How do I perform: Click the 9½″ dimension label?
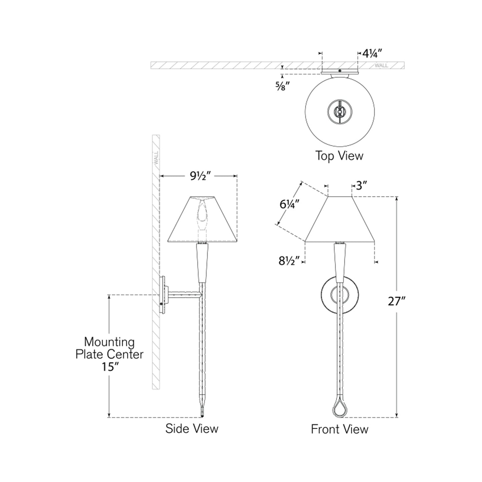point(200,176)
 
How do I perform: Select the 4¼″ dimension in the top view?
point(373,53)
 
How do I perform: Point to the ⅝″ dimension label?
point(283,86)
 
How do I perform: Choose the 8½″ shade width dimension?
point(289,262)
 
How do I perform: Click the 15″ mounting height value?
point(110,367)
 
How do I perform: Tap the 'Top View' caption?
point(339,155)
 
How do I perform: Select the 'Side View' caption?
point(192,429)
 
